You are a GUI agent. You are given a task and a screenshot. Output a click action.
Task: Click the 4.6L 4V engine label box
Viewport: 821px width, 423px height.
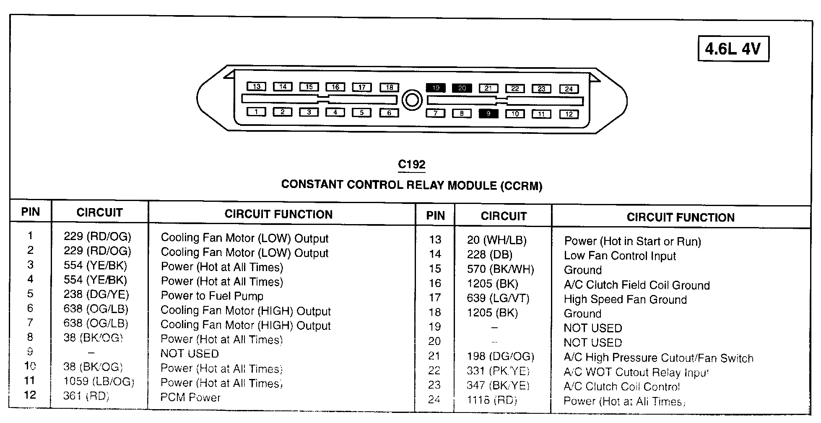733,49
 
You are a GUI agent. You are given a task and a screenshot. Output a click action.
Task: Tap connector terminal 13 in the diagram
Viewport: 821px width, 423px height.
256,86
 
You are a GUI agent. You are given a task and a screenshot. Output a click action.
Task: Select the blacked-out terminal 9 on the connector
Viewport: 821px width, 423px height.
488,113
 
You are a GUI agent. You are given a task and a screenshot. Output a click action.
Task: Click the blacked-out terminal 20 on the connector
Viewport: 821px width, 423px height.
462,88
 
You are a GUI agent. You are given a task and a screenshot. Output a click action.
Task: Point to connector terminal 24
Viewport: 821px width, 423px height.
569,89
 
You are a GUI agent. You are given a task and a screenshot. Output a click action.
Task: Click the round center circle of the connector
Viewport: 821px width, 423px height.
412,100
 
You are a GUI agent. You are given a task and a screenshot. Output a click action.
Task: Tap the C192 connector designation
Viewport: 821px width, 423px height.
411,164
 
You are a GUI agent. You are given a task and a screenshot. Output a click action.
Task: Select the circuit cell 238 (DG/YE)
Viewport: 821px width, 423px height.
96,295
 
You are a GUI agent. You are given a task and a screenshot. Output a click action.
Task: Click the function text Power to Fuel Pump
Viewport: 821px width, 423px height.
212,296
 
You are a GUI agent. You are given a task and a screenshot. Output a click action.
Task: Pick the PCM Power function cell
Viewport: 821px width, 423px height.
190,397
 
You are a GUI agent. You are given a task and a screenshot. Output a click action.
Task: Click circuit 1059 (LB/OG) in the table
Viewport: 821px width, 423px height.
99,381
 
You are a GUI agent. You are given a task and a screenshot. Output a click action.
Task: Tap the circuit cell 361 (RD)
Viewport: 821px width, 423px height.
86,396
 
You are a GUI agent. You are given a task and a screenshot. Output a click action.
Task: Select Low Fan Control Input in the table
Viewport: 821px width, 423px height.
620,256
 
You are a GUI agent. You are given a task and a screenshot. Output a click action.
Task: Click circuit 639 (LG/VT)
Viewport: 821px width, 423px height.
498,298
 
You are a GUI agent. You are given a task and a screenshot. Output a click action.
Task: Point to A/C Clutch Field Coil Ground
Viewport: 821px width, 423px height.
637,285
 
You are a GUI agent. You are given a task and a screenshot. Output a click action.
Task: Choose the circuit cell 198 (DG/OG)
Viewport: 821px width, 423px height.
500,357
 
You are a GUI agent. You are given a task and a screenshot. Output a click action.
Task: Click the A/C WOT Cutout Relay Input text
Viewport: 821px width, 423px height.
636,372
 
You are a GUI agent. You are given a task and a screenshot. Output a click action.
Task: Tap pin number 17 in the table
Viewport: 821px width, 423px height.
435,298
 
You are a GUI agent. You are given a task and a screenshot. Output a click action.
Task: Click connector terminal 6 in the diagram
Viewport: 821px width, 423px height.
389,112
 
